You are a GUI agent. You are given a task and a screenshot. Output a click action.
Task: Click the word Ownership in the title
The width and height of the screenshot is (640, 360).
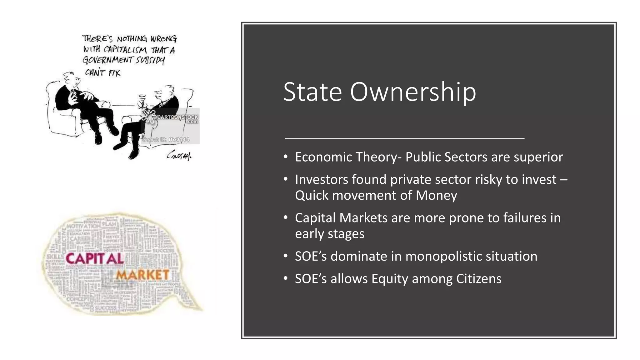coord(413,92)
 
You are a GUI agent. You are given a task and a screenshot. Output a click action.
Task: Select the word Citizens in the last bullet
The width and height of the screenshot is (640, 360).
coord(478,279)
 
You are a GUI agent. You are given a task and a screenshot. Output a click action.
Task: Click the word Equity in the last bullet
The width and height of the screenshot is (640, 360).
coord(390,279)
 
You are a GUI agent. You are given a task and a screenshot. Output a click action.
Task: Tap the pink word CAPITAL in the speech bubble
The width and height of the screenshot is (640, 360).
coord(95,259)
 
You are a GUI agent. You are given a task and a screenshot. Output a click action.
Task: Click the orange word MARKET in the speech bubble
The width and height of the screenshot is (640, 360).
coord(143,275)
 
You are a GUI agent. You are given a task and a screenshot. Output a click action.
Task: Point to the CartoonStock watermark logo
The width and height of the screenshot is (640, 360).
coord(170,118)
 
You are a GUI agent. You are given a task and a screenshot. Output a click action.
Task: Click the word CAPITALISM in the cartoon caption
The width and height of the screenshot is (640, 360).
coord(125,50)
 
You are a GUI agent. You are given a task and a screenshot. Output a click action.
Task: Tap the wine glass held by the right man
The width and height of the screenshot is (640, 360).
coord(142,99)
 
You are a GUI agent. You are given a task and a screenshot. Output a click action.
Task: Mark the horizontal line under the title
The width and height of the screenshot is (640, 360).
coord(404,138)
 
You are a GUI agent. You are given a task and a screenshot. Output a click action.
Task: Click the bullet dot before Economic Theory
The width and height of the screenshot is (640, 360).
coord(285,157)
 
